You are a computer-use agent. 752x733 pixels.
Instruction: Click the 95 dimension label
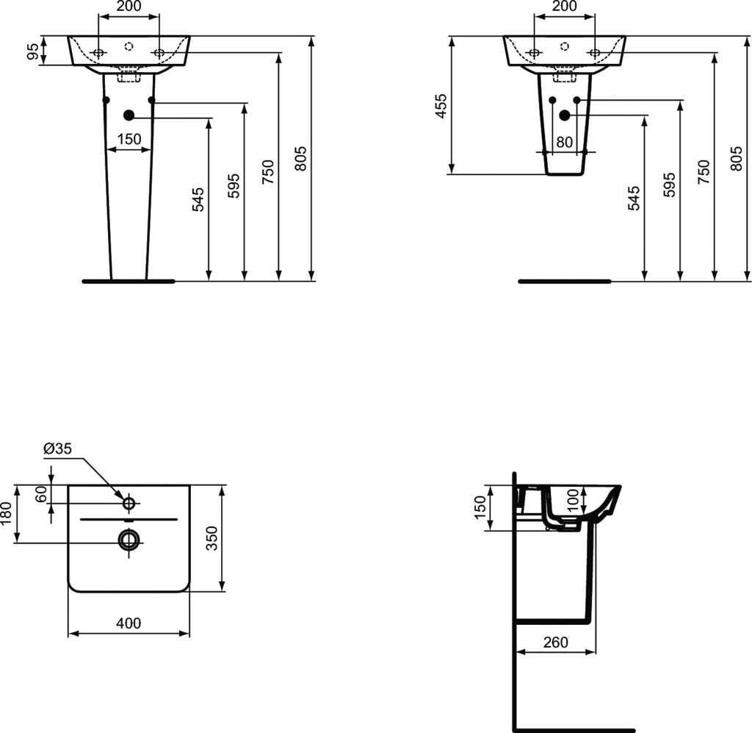pos(32,51)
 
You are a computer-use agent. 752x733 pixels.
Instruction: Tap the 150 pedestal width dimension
pos(129,139)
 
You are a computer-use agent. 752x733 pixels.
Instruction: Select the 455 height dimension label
pos(441,106)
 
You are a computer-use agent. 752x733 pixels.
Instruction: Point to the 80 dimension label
pos(565,142)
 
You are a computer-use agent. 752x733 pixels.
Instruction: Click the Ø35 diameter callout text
pos(57,448)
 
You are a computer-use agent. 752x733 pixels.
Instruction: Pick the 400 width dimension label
pos(129,623)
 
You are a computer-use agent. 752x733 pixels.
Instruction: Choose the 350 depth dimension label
pos(211,538)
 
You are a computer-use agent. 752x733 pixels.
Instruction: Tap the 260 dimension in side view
pos(556,643)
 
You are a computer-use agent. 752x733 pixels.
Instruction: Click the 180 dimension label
pos(5,514)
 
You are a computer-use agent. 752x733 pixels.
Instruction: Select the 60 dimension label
pos(41,494)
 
